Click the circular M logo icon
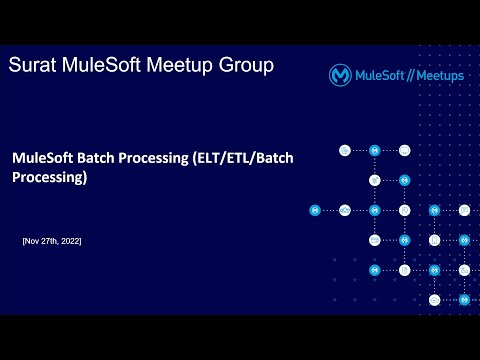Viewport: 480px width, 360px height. [340, 75]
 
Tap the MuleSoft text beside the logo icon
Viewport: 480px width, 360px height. [379, 75]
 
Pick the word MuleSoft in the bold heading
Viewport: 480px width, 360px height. [45, 158]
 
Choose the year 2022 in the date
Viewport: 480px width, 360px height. [71, 242]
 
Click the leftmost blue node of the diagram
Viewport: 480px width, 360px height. [315, 210]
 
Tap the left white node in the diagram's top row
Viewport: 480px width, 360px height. [344, 150]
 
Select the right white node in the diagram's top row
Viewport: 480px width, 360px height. [405, 150]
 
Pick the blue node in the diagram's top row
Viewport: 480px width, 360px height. [375, 150]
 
